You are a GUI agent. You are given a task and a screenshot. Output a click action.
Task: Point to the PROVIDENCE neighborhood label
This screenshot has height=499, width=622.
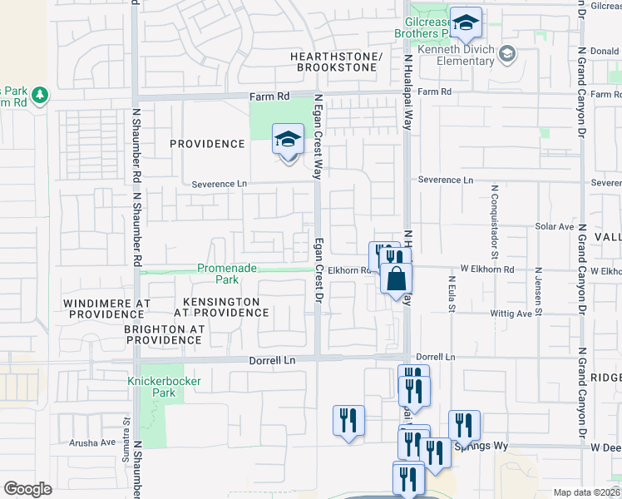(207, 144)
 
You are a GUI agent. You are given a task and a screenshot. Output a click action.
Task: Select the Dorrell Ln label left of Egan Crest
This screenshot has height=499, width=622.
(273, 361)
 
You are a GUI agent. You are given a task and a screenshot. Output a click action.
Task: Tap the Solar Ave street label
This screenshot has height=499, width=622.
(555, 226)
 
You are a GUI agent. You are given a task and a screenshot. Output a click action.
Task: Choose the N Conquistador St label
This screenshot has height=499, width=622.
(493, 217)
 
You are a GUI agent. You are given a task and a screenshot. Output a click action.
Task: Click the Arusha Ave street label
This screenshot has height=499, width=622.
(92, 442)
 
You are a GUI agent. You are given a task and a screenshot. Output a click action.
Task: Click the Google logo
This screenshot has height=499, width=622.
(27, 488)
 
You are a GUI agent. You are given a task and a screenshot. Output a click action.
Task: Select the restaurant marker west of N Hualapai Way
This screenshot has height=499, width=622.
(348, 419)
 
